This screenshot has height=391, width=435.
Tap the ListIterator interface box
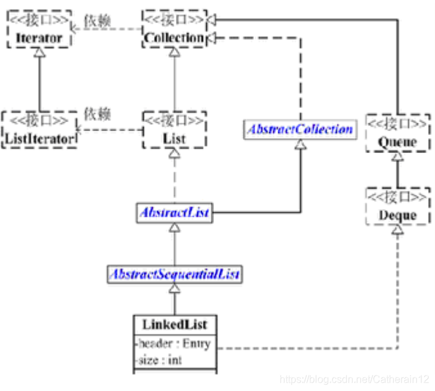pyautogui.click(x=39, y=130)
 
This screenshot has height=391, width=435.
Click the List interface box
pyautogui.click(x=173, y=130)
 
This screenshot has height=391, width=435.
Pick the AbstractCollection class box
pyautogui.click(x=300, y=129)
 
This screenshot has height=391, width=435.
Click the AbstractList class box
pyautogui.click(x=173, y=214)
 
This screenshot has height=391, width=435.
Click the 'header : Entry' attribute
pyautogui.click(x=173, y=343)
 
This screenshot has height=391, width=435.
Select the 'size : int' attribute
pyautogui.click(x=159, y=360)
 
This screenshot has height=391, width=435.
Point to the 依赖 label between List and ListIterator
pyautogui.click(x=98, y=114)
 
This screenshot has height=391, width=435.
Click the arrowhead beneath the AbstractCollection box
pyautogui.click(x=300, y=145)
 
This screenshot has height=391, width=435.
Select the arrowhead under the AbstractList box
pyautogui.click(x=173, y=229)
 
